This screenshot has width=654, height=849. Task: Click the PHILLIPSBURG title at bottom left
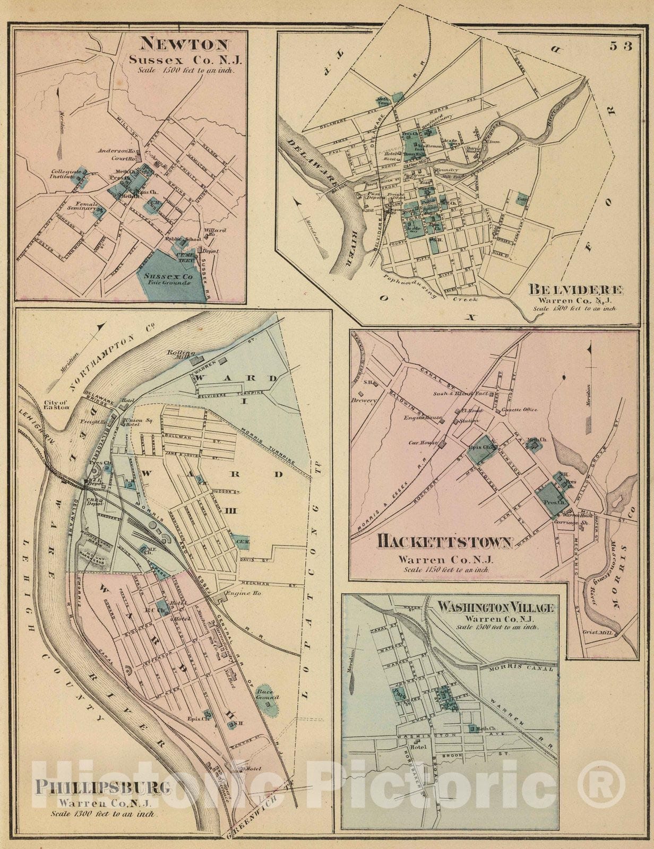click(103, 786)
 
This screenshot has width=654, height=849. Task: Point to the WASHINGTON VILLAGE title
click(496, 607)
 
